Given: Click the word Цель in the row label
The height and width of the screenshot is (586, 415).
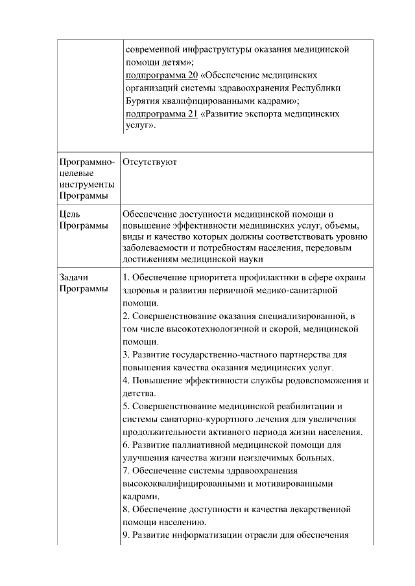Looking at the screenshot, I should click(69, 214).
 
